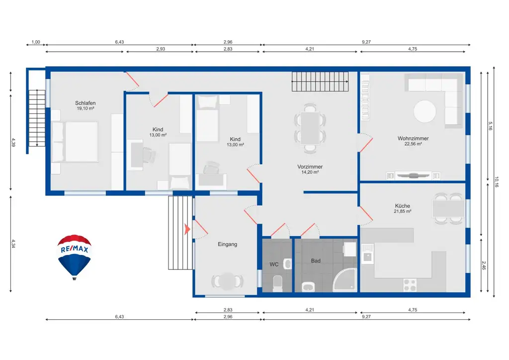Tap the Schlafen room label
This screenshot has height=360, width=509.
pyautogui.click(x=85, y=103)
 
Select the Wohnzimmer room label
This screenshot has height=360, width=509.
pyautogui.click(x=413, y=139)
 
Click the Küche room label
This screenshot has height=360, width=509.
pyautogui.click(x=403, y=206)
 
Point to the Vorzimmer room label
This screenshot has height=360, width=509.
pyautogui.click(x=310, y=167)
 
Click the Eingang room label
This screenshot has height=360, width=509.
pyautogui.click(x=227, y=245)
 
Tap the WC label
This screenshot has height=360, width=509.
pyautogui.click(x=274, y=265)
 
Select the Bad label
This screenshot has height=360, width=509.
pyautogui.click(x=316, y=261)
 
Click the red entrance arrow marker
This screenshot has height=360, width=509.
pyautogui.click(x=187, y=229)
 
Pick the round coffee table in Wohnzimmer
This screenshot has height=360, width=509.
pyautogui.click(x=424, y=111)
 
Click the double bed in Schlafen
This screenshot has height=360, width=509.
pyautogui.click(x=75, y=142)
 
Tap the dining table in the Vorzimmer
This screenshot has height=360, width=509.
pyautogui.click(x=310, y=128)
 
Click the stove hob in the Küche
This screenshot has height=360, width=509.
pyautogui.click(x=410, y=285)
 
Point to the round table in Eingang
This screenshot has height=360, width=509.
pyautogui.click(x=227, y=281)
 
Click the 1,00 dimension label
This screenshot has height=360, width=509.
pyautogui.click(x=36, y=42)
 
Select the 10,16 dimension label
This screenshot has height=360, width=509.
pyautogui.click(x=497, y=182)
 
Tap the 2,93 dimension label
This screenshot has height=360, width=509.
pyautogui.click(x=161, y=49)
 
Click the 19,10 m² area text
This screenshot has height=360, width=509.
pyautogui.click(x=85, y=109)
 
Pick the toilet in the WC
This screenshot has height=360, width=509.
pyautogui.click(x=278, y=283)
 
